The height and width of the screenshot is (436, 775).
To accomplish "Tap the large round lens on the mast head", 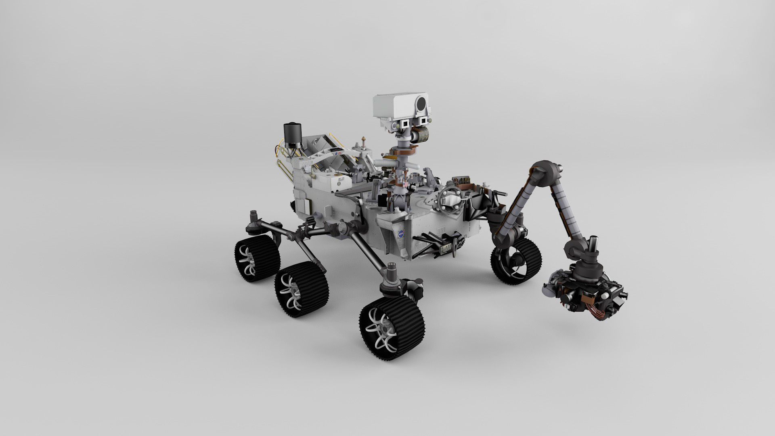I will tap(422, 104).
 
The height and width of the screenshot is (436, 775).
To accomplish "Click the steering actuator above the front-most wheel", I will tap(392, 277).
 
